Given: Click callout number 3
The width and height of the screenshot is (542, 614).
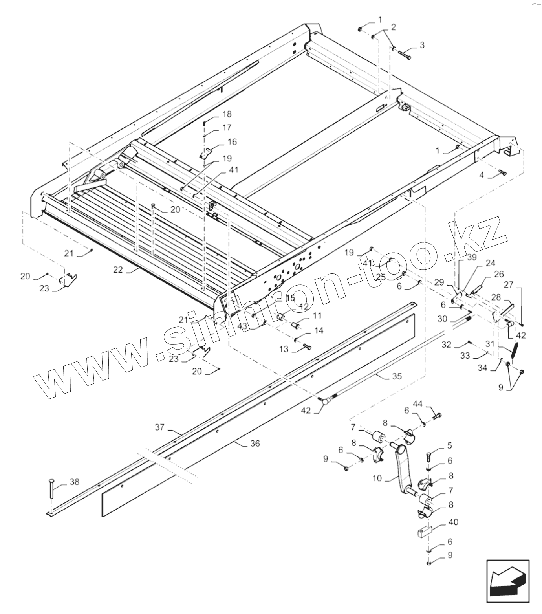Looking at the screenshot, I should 422,45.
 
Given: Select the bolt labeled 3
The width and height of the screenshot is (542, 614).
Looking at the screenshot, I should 403,54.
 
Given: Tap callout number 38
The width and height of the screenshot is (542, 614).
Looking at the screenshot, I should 74,482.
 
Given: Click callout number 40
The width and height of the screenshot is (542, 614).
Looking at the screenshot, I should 453,522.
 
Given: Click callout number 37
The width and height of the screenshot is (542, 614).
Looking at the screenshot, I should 159,427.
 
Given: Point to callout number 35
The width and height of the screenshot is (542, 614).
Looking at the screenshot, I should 397,376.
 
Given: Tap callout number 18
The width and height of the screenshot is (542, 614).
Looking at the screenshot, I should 227,114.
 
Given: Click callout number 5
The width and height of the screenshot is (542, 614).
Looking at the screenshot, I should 449,445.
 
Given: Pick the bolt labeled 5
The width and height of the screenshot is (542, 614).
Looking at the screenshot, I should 429,458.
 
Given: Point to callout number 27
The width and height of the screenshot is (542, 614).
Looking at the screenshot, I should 508,284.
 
